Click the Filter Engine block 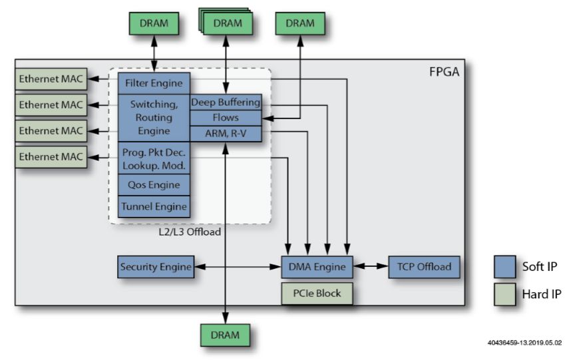tap(154, 84)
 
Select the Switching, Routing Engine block tap(154, 118)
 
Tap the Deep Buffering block tap(226, 102)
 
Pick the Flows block tap(226, 118)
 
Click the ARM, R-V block tap(226, 133)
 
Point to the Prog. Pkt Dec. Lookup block tap(154, 158)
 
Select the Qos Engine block tap(154, 185)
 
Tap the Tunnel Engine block tap(154, 206)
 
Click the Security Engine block tap(156, 267)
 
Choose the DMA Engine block tap(317, 267)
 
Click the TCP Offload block tap(424, 267)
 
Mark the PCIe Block tap(317, 293)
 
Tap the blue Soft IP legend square tap(506, 266)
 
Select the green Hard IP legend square tap(506, 294)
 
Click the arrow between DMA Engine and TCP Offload tap(370, 267)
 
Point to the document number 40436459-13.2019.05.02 tap(525, 343)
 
